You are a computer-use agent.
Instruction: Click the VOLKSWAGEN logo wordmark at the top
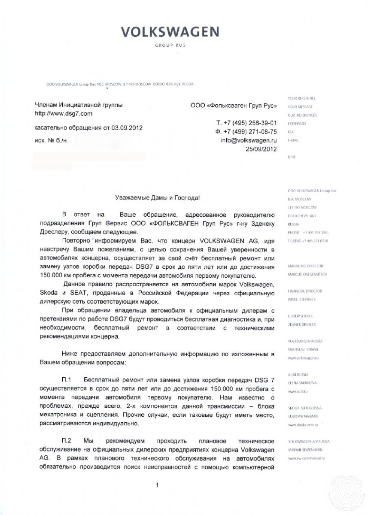169,32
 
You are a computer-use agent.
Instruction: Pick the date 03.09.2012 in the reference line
127,127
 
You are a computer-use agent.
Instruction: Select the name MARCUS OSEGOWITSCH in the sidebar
305,273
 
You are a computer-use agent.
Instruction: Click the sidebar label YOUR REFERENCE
302,98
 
